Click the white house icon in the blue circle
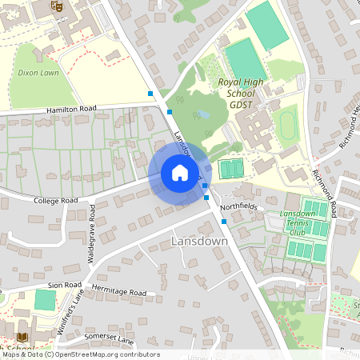[x=180, y=173]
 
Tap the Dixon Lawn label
[x=38, y=73]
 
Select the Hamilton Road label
[x=70, y=108]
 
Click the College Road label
[x=55, y=200]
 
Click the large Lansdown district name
[x=199, y=241]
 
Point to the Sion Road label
[x=63, y=285]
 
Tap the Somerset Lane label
[x=114, y=339]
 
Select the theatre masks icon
[x=55, y=6]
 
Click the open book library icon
[x=22, y=337]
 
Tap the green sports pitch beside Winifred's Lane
[x=45, y=301]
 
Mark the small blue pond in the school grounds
[x=205, y=114]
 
